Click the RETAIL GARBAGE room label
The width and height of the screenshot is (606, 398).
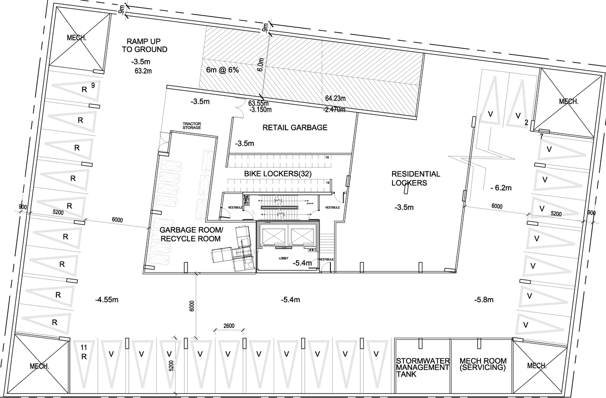click(x=295, y=127)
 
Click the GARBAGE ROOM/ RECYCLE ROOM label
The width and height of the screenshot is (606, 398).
click(x=191, y=234)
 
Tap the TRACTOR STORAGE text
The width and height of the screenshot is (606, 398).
click(x=192, y=126)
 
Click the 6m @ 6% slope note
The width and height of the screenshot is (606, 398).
click(x=223, y=70)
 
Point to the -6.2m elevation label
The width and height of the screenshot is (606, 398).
click(x=501, y=188)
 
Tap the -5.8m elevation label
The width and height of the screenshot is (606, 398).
click(x=483, y=299)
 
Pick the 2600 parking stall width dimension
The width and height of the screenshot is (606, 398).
click(x=229, y=326)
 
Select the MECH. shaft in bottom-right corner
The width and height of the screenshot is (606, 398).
click(x=537, y=365)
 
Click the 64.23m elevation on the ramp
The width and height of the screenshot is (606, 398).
click(x=336, y=99)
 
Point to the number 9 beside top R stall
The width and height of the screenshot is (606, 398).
click(x=93, y=85)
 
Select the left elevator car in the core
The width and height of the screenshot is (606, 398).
click(x=274, y=235)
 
